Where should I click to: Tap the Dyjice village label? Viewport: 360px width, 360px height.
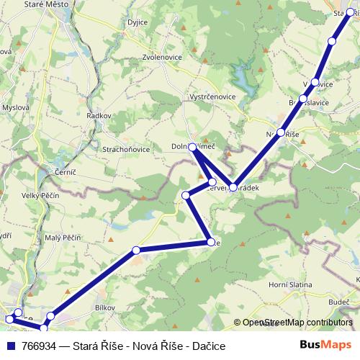137,42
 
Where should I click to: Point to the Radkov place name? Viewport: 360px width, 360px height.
98,115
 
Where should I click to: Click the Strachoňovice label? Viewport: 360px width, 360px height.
125,150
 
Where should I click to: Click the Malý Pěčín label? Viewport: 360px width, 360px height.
63,237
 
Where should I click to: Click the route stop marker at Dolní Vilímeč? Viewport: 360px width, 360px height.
193,147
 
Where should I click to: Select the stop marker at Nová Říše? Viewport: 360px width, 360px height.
281,133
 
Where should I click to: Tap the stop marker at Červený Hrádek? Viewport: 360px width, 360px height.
233,187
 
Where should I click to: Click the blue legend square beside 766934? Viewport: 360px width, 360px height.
11,346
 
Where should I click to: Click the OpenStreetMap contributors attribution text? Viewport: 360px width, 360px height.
298,323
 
